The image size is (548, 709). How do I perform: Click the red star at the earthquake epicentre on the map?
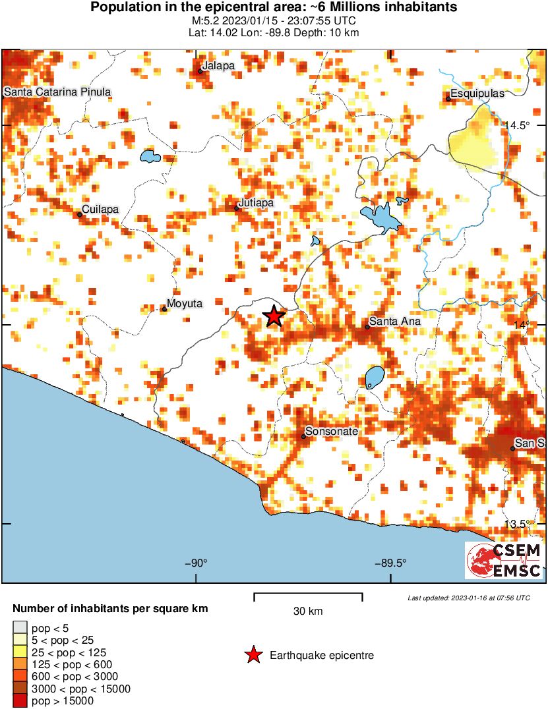click(274, 316)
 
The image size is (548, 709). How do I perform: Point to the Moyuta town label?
click(185, 303)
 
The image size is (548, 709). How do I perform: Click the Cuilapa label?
click(100, 209)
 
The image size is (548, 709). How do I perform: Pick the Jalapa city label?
click(219, 66)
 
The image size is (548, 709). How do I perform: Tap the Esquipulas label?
click(477, 94)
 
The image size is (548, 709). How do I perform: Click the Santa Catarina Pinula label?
click(57, 92)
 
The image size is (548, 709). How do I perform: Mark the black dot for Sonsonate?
click(303, 436)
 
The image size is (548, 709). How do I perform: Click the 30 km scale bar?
click(308, 596)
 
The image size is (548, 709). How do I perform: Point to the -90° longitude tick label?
click(196, 563)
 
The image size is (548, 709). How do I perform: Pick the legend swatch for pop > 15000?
click(20, 701)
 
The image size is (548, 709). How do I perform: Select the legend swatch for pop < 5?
click(20, 629)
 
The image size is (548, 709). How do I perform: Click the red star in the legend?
click(252, 655)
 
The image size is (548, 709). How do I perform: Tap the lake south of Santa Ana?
click(375, 378)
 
